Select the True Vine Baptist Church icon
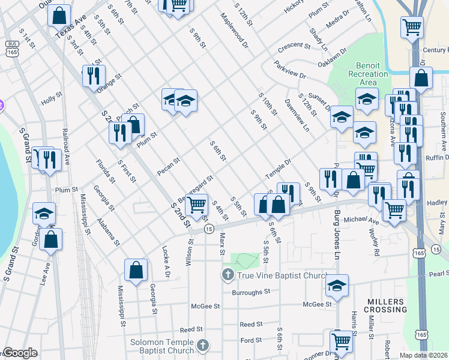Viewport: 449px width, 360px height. pyautogui.click(x=228, y=275)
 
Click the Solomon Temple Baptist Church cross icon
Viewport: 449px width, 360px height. pyautogui.click(x=203, y=346)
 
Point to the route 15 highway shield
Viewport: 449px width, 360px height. pyautogui.click(x=208, y=229)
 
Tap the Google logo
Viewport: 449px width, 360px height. pyautogui.click(x=19, y=353)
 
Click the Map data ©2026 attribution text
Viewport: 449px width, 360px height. pyautogui.click(x=424, y=355)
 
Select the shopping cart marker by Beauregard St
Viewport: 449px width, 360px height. pyautogui.click(x=196, y=205)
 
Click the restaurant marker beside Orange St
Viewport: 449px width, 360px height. pyautogui.click(x=93, y=75)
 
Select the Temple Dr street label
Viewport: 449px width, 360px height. pyautogui.click(x=278, y=169)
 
